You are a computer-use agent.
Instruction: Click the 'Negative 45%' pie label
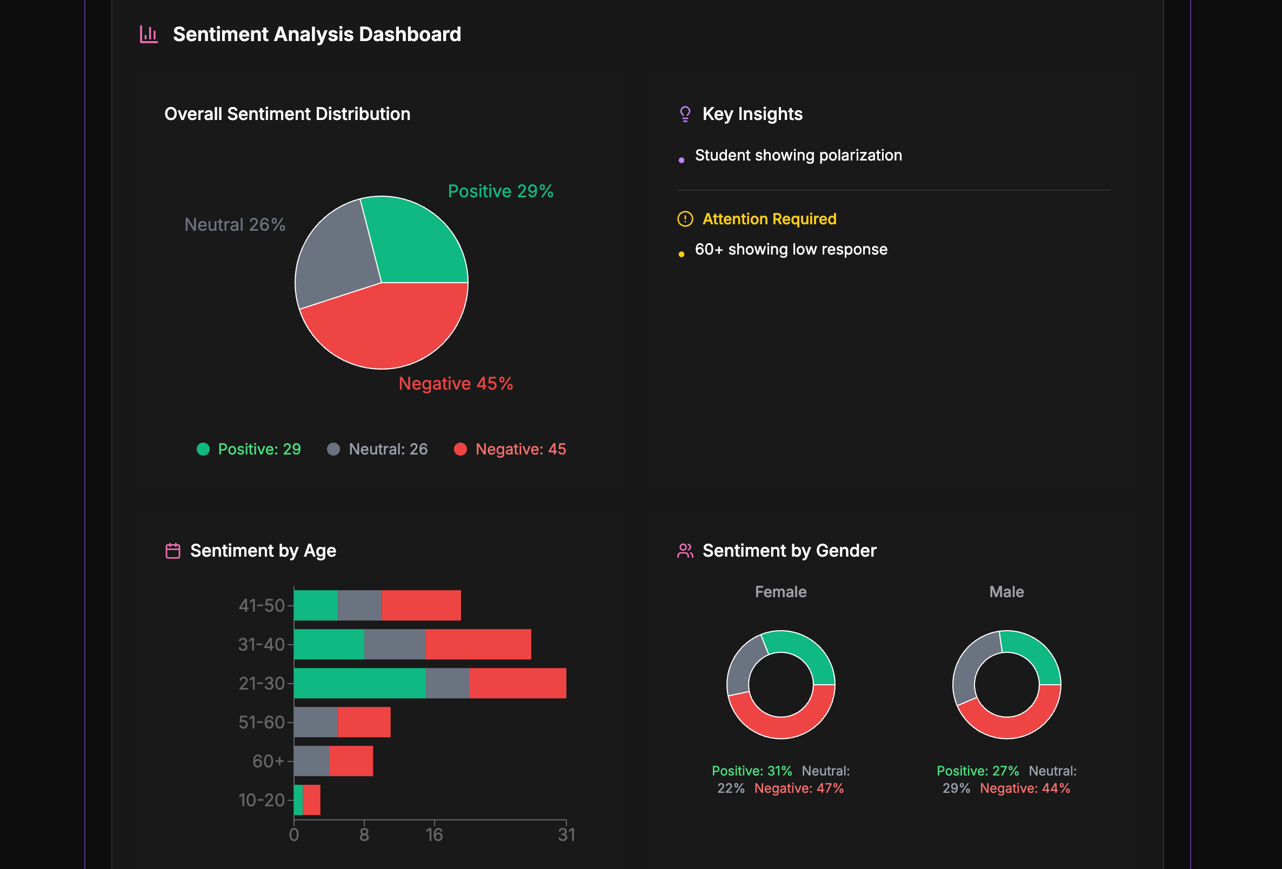[x=456, y=384]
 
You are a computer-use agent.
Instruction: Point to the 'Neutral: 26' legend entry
[x=378, y=449]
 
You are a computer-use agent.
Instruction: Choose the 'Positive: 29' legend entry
[x=249, y=449]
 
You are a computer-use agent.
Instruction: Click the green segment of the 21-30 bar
[x=359, y=683]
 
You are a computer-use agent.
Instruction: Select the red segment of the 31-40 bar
[x=478, y=644]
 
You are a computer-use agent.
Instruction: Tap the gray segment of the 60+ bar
[x=312, y=761]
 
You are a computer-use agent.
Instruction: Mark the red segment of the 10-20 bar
[x=312, y=799]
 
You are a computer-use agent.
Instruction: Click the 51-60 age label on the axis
[x=262, y=722]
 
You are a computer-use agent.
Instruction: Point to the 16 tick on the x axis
[x=434, y=834]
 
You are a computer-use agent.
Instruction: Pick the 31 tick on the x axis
[x=566, y=834]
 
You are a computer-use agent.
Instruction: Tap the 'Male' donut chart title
[x=1006, y=592]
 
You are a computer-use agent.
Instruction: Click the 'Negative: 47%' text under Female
[x=799, y=788]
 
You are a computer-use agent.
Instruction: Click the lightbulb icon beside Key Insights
[x=685, y=114]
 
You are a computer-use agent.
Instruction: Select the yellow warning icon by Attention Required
[x=685, y=219]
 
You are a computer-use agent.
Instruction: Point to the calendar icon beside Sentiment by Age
[x=172, y=551]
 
